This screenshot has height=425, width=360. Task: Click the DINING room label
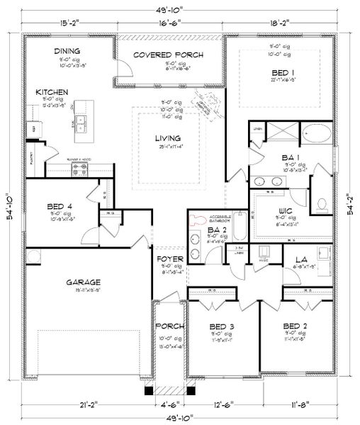(x=67, y=51)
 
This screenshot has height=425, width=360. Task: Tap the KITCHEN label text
(x=52, y=92)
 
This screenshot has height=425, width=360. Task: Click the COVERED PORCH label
(x=169, y=55)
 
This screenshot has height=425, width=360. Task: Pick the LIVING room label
(x=168, y=138)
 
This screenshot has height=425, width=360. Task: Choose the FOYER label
(x=169, y=259)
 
